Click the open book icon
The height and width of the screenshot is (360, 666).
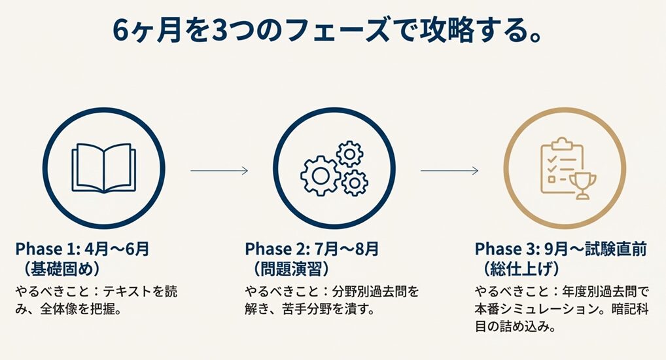[x=103, y=168]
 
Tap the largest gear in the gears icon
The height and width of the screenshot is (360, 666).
[x=320, y=175]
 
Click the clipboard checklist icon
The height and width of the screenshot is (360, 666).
[x=561, y=167]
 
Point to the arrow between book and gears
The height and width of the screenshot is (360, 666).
[x=219, y=171]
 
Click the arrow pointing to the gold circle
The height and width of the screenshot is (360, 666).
[x=449, y=171]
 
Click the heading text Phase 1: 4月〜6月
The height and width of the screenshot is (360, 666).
[x=82, y=249]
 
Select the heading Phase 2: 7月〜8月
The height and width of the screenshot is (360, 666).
[x=311, y=249]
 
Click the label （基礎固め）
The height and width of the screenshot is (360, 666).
[x=60, y=269]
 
